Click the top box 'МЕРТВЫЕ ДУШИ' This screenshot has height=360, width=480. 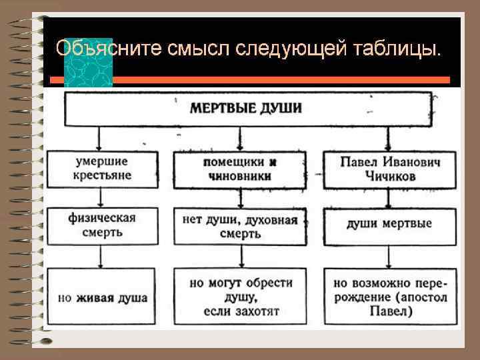(x=247, y=109)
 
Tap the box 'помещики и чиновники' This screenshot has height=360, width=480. (x=240, y=170)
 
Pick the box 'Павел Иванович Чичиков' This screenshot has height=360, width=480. (x=390, y=169)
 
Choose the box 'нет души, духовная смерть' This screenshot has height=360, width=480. (x=240, y=227)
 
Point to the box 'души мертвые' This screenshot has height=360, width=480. (x=390, y=225)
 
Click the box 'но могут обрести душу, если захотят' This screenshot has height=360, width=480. (x=240, y=297)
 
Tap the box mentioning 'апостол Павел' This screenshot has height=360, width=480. (x=390, y=297)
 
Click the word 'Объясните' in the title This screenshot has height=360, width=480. (x=96, y=49)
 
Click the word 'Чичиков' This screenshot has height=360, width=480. (x=390, y=177)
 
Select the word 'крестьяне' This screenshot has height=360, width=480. (x=103, y=175)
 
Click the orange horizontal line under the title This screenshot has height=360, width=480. (x=280, y=80)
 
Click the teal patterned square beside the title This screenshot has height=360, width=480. (x=87, y=62)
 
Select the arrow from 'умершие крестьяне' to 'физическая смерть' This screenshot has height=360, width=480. (x=100, y=197)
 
